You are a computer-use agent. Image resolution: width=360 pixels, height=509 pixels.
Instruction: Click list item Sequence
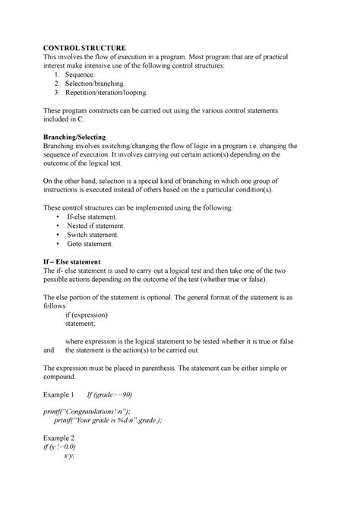point(81,76)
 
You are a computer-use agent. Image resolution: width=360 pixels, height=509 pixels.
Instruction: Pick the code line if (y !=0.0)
point(65,447)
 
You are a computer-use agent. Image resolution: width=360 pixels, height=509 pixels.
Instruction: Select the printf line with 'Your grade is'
point(107,422)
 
